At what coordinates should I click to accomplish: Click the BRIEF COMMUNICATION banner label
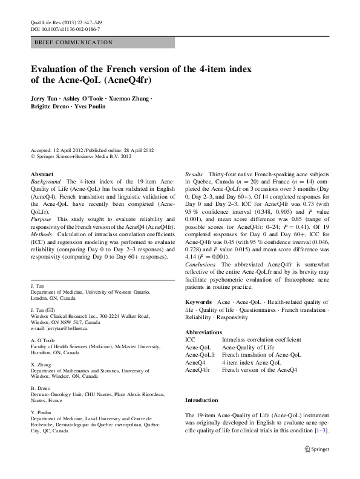pos(74,42)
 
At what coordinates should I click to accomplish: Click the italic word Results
pos(194,174)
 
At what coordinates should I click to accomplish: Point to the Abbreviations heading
pos(205,332)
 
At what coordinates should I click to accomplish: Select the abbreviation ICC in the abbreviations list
pos(190,340)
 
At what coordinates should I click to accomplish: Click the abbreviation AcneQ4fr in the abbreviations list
pos(197,369)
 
